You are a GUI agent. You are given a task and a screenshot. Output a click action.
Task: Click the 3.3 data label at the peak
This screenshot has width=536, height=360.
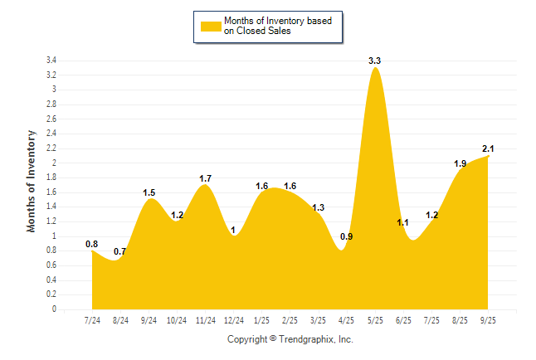point(375,61)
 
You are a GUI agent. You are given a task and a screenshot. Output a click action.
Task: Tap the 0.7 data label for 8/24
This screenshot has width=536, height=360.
point(120,251)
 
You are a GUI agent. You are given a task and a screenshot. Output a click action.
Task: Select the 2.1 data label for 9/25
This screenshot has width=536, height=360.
point(488,149)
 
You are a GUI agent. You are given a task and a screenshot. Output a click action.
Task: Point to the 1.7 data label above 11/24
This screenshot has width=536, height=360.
point(206,178)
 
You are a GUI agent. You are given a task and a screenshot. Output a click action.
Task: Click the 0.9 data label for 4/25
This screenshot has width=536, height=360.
point(347,237)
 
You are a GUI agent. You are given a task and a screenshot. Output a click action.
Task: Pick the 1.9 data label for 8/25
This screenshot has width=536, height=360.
point(460,163)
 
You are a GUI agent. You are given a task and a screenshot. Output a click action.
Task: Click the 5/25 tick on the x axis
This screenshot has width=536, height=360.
point(375,320)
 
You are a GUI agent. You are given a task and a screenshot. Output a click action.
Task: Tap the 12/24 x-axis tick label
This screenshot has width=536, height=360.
point(234,320)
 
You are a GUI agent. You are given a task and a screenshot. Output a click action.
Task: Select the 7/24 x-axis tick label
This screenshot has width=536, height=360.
point(93,320)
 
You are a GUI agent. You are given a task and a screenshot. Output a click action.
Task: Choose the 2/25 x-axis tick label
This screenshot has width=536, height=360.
point(290,320)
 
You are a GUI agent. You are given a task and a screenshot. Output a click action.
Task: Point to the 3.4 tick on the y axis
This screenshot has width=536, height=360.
point(51,61)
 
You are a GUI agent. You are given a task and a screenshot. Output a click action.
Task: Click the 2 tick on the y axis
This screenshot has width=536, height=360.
point(54,163)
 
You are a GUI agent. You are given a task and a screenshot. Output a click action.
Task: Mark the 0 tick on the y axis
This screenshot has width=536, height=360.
point(54,309)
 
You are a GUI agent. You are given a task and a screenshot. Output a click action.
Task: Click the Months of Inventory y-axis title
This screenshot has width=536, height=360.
point(32,180)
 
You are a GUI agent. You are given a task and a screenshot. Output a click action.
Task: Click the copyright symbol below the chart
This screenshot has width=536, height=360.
point(273,339)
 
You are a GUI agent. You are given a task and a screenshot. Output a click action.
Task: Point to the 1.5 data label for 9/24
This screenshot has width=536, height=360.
point(149,193)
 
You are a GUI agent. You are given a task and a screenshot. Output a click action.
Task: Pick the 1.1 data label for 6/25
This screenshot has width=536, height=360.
point(403,222)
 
